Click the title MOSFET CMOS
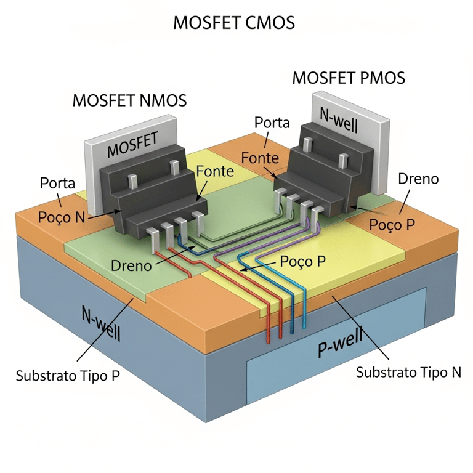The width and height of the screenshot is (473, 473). pyautogui.click(x=233, y=23)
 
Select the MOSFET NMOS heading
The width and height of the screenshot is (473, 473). pyautogui.click(x=129, y=100)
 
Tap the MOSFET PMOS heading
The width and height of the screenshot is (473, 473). pyautogui.click(x=348, y=78)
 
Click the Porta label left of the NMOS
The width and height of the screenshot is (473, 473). pyautogui.click(x=58, y=183)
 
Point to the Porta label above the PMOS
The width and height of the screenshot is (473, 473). pyautogui.click(x=272, y=123)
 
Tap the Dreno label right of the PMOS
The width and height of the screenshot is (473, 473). pyautogui.click(x=418, y=179)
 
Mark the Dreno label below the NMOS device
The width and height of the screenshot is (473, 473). pyautogui.click(x=131, y=265)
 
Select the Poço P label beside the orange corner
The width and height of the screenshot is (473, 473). pyautogui.click(x=391, y=224)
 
